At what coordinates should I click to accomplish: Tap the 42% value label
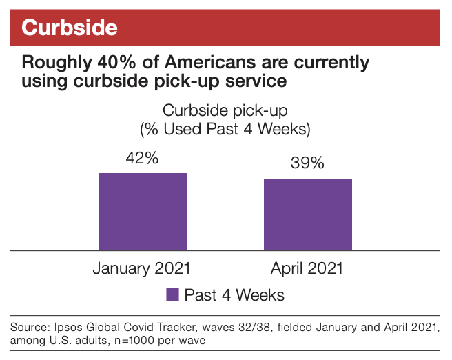click(142, 158)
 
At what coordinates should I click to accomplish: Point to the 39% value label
click(307, 163)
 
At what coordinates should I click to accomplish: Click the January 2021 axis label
click(142, 268)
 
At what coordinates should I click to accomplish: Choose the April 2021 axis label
click(307, 268)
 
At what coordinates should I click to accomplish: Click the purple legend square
click(172, 294)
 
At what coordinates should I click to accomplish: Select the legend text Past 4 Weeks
click(234, 294)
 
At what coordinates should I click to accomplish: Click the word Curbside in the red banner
click(69, 28)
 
